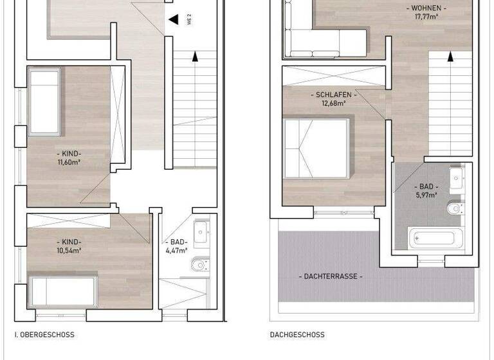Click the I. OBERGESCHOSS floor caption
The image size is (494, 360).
coord(44,335)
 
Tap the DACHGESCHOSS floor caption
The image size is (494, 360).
coord(297,335)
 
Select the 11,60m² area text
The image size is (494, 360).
coord(69,163)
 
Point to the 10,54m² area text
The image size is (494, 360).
coord(70,251)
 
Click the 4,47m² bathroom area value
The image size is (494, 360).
coord(176,251)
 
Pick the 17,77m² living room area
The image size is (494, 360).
coord(426,17)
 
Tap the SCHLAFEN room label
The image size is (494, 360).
coord(334,94)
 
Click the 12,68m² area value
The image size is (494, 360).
coord(334,102)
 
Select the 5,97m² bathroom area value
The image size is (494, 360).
coord(426,195)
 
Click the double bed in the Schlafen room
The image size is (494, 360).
coord(318,147)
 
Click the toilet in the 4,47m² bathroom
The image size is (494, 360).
coord(200,264)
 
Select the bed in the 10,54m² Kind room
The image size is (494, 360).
coord(62,291)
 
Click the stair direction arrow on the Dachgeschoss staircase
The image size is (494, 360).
coord(450,56)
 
